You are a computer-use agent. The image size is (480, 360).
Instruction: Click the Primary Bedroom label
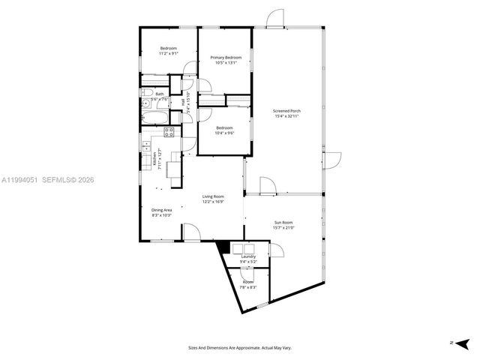point(226,58)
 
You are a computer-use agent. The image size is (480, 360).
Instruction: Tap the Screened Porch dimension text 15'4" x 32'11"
point(286,116)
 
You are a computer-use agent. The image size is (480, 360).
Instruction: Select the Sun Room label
point(283,223)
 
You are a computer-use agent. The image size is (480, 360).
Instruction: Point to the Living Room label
point(214,196)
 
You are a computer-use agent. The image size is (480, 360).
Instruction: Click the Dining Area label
point(162,210)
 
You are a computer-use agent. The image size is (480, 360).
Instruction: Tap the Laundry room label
point(248,256)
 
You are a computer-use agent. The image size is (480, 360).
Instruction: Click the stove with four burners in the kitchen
point(169,132)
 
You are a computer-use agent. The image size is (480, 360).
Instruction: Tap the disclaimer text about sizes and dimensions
point(239,348)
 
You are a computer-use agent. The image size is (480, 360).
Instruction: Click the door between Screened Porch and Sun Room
point(267,185)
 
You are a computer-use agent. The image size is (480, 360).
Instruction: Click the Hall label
point(182,101)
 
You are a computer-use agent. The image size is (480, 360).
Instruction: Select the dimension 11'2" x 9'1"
point(167,54)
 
